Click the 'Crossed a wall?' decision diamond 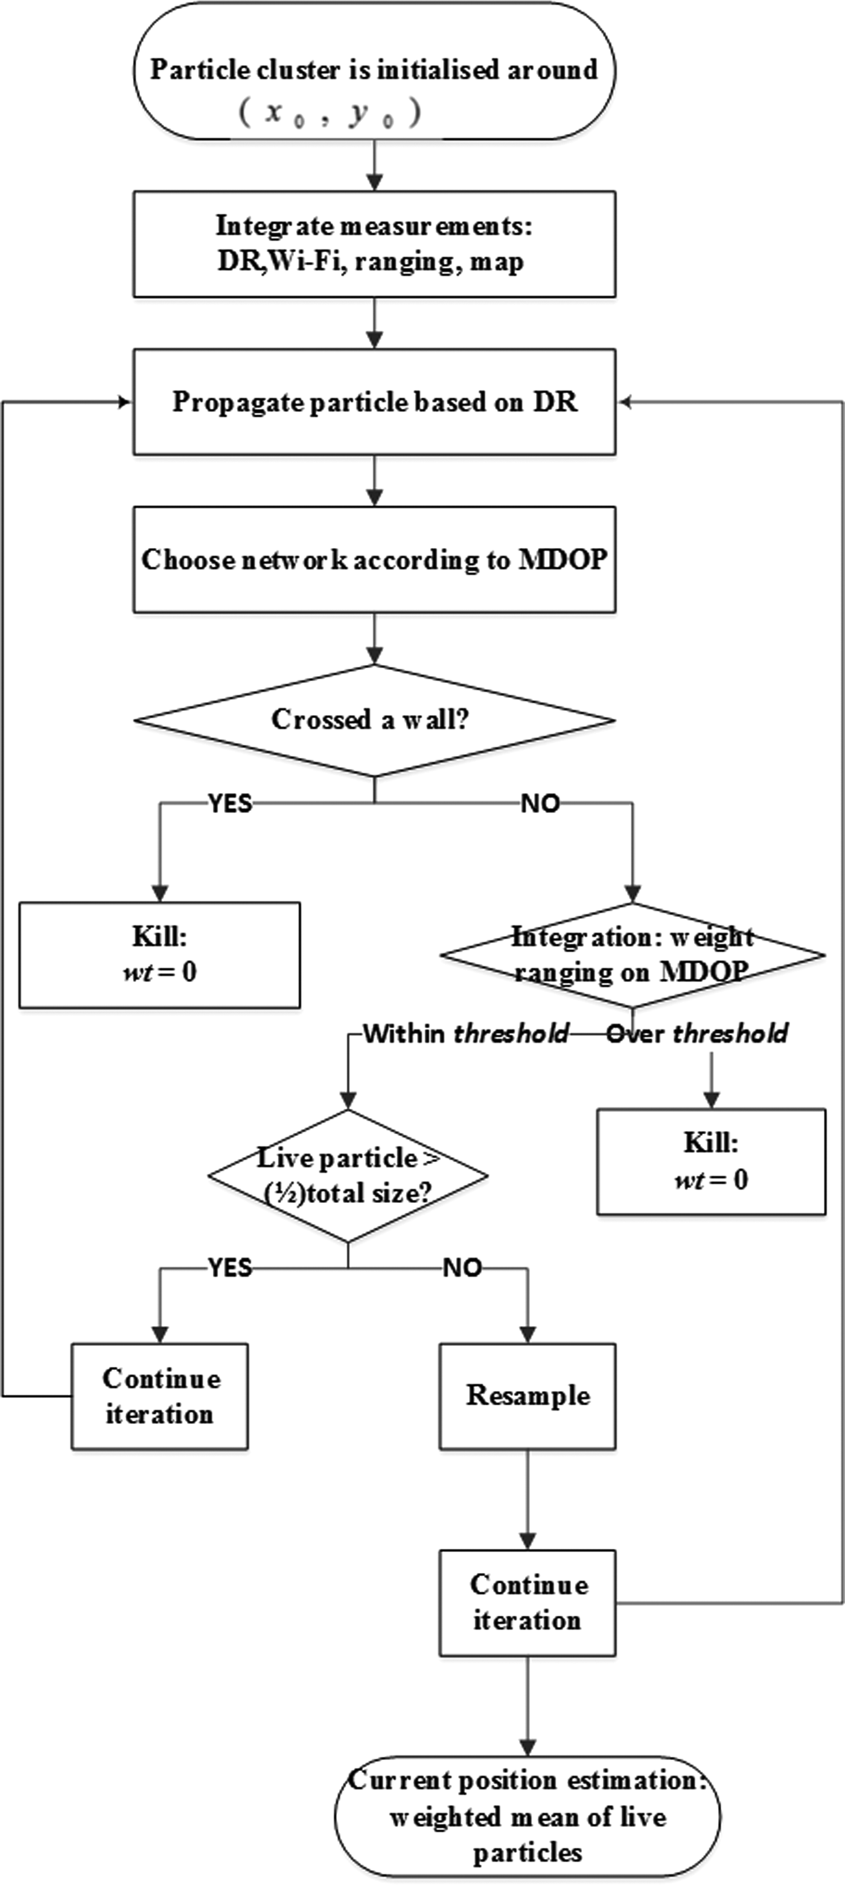tap(374, 720)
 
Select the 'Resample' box tap(527, 1395)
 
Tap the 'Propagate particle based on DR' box tap(374, 402)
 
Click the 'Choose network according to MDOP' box tap(374, 560)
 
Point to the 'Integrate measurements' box tap(374, 244)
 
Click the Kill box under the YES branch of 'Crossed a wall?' tap(159, 955)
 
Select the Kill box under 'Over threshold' tap(711, 1161)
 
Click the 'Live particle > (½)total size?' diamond tap(348, 1175)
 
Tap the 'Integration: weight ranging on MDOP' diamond tap(633, 955)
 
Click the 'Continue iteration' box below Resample tap(527, 1603)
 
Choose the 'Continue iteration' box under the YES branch tap(159, 1395)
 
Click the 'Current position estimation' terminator tap(527, 1816)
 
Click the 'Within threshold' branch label tap(466, 1033)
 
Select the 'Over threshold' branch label tap(697, 1033)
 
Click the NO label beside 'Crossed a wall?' tap(540, 803)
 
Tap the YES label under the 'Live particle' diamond tap(230, 1267)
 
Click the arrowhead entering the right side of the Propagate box tap(624, 402)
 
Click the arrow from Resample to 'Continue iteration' tap(527, 1500)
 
